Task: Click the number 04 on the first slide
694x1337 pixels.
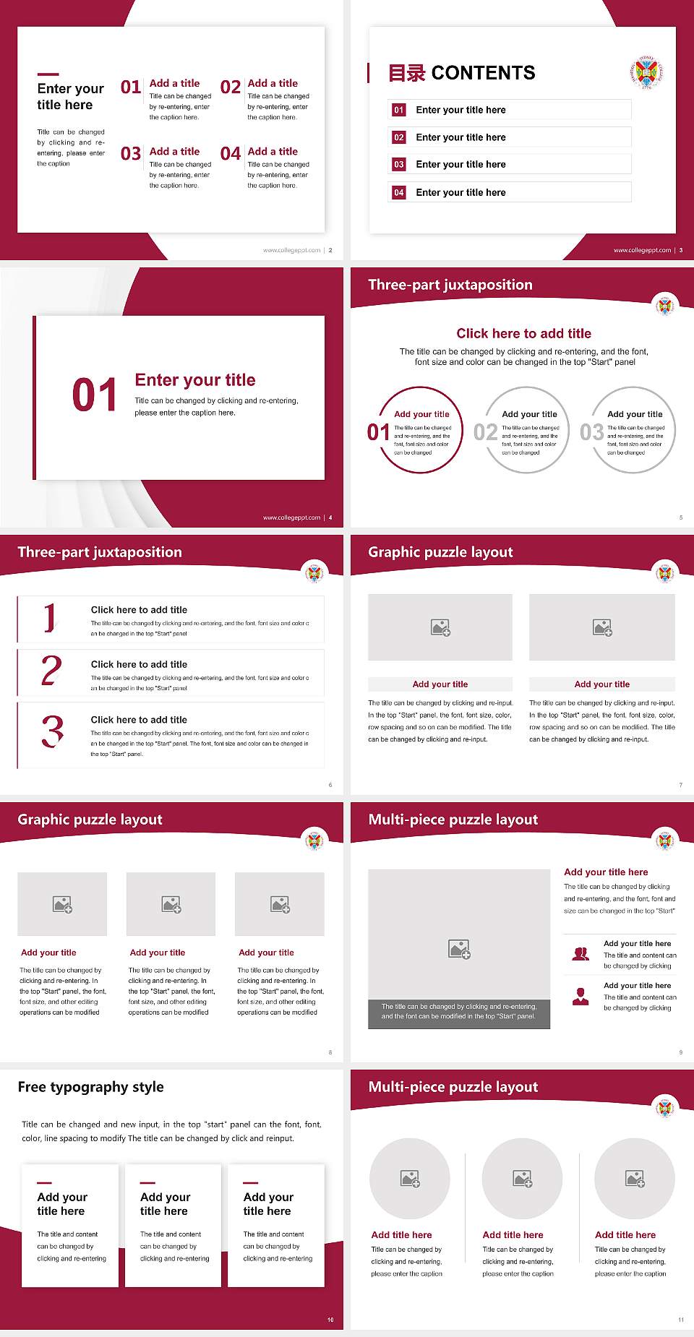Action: [x=231, y=154]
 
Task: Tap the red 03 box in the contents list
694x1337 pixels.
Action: [x=399, y=165]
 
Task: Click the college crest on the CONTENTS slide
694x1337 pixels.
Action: [x=646, y=72]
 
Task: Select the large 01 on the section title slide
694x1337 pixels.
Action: [x=95, y=395]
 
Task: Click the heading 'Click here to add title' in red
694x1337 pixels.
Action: [x=523, y=333]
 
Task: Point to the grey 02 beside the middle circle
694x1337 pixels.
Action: [x=485, y=432]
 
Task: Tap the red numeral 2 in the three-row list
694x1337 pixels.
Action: [x=51, y=671]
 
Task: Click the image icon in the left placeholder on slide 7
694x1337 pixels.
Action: [x=440, y=627]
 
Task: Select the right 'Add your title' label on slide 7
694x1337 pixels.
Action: [x=601, y=684]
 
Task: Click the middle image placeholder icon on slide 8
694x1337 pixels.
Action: [x=171, y=904]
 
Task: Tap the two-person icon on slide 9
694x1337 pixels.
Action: [x=581, y=954]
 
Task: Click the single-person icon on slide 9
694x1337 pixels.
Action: [x=581, y=997]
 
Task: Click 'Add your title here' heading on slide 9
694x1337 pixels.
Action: [x=606, y=872]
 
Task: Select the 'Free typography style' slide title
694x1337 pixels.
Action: [x=90, y=1087]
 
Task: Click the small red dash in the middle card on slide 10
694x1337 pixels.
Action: [x=147, y=1183]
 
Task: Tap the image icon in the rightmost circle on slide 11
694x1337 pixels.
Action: [x=635, y=1179]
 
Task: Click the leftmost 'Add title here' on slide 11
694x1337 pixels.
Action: [x=401, y=1235]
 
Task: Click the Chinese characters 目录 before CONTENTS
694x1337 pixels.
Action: [x=406, y=73]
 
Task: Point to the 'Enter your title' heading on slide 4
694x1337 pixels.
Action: [x=195, y=380]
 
